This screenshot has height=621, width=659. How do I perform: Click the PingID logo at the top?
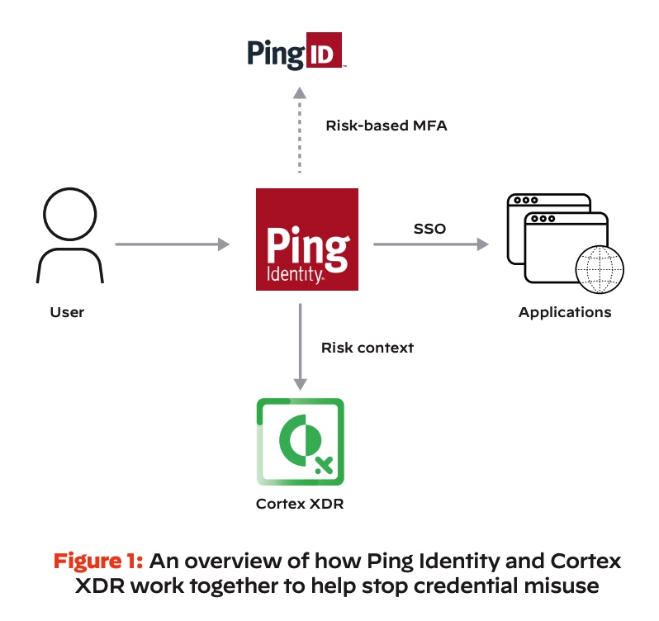[x=295, y=53]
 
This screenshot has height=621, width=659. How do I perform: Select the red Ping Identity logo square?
[x=307, y=239]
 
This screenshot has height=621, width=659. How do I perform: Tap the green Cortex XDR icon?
[x=300, y=443]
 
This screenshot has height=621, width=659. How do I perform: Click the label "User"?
[x=67, y=312]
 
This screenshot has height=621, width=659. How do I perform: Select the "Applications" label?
[x=565, y=312]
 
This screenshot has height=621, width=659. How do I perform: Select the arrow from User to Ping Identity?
[x=172, y=244]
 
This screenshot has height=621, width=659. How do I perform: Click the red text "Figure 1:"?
[x=99, y=562]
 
